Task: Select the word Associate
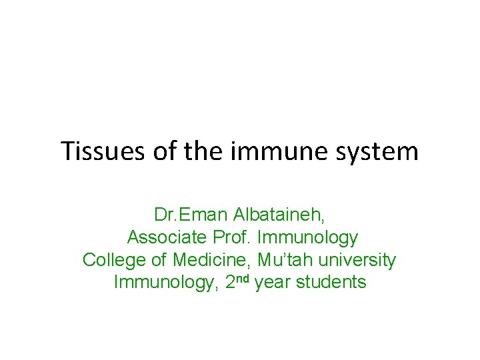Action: click(x=166, y=237)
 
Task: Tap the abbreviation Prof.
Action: click(x=233, y=237)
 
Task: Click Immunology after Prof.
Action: click(x=308, y=238)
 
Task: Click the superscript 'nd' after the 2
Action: click(x=243, y=279)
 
